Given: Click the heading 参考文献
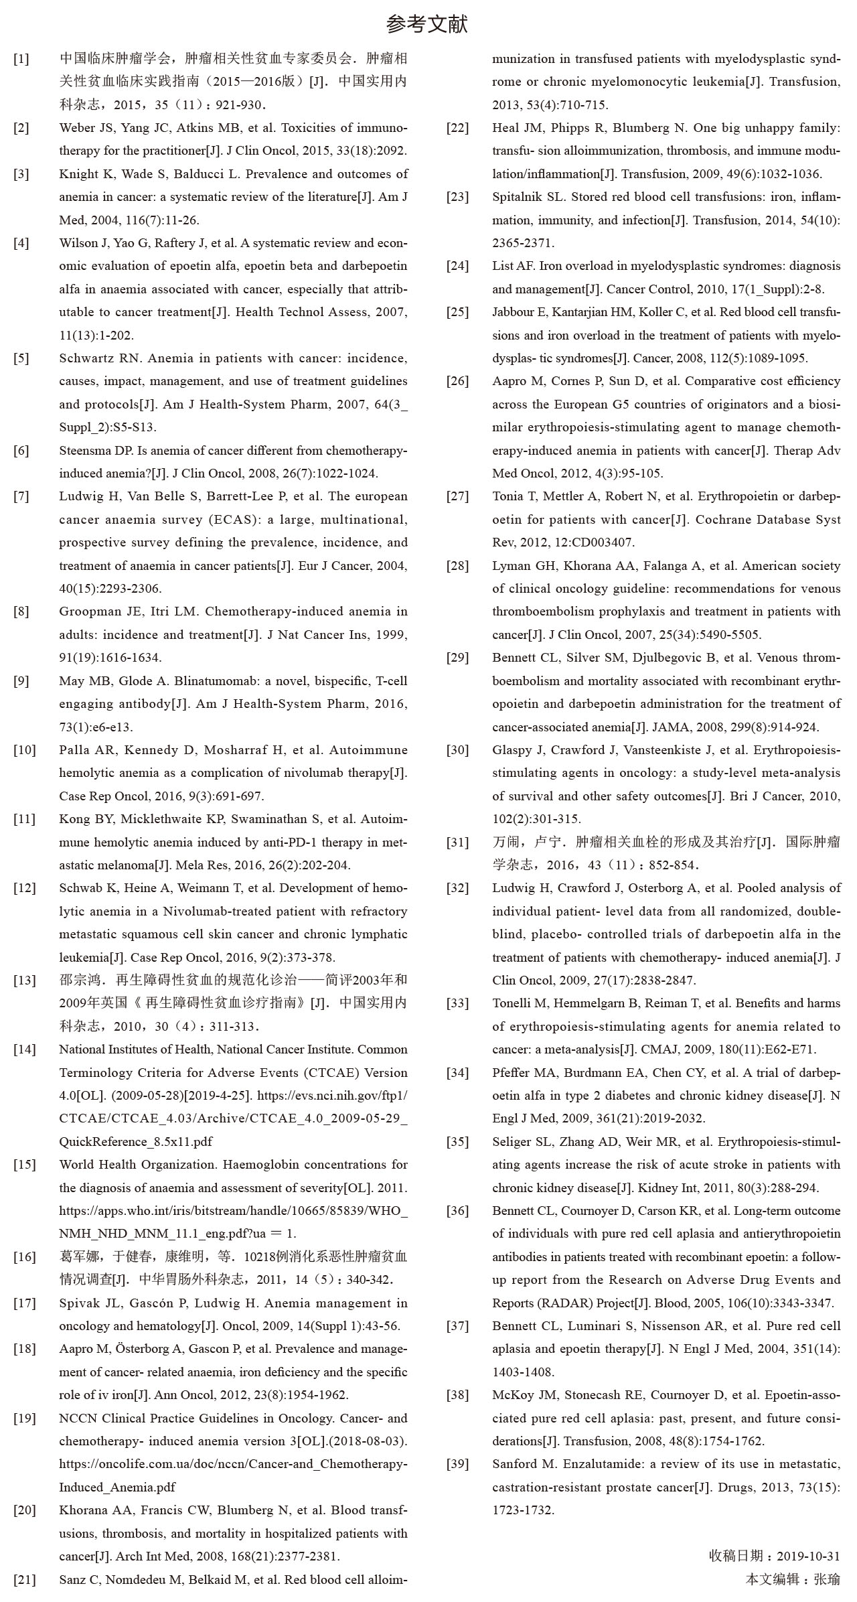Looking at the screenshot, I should [427, 25].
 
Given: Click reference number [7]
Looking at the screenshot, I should [21, 497].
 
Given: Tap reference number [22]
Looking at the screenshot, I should [458, 128].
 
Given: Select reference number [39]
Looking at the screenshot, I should [458, 1464].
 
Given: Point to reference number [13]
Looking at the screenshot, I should [24, 980].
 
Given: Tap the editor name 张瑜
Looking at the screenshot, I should [826, 1579].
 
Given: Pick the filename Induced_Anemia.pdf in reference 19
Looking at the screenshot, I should [117, 1487].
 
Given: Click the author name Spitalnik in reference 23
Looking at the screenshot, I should [519, 197].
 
